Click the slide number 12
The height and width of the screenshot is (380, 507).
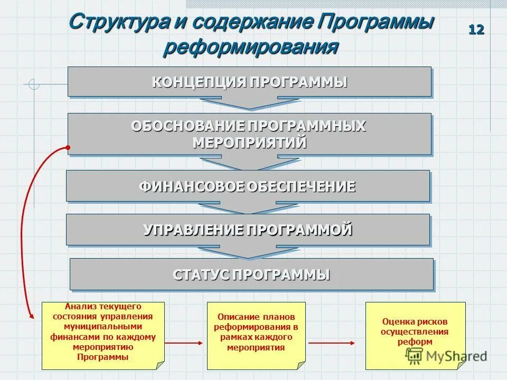(x=476, y=30)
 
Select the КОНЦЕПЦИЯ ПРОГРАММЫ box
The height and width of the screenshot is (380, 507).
(x=249, y=81)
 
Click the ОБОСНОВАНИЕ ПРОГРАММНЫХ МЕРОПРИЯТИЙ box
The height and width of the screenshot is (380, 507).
(x=249, y=134)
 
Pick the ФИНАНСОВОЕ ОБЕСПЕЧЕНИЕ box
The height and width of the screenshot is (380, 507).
(x=248, y=186)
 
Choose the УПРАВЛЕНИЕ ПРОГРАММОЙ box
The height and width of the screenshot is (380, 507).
(x=248, y=230)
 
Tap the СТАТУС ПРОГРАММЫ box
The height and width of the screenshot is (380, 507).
(x=251, y=274)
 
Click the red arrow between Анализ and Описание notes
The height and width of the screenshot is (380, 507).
(x=183, y=343)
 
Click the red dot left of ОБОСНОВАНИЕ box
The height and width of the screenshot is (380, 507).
(x=68, y=147)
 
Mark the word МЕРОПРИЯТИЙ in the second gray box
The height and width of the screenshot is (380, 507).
(x=249, y=142)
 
